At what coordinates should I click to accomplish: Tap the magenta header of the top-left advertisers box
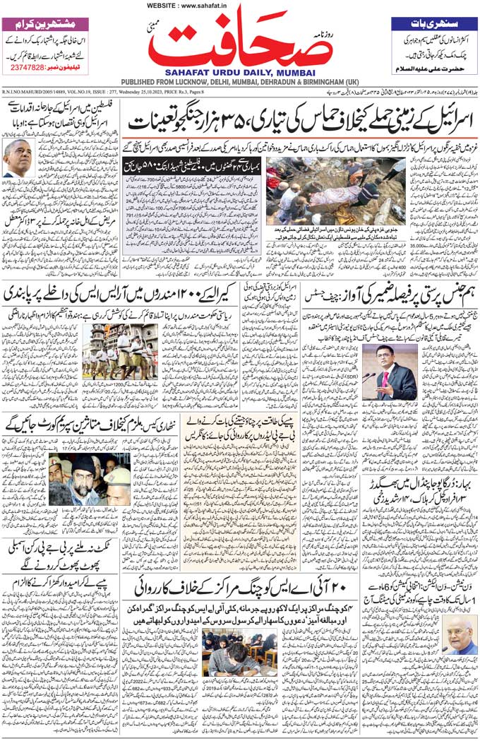tap(45, 23)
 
